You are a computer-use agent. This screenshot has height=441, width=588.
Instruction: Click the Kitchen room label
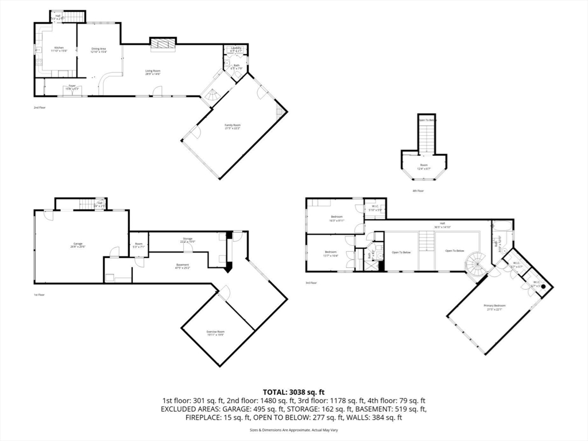[x=59, y=48]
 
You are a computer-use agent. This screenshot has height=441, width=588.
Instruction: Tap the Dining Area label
[x=99, y=49]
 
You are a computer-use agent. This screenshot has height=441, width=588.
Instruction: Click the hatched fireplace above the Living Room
[x=163, y=44]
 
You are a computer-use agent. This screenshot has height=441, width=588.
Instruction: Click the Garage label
[x=78, y=244]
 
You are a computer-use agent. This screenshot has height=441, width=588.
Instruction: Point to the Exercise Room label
[x=216, y=332]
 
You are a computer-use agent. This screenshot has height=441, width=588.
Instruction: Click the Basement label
[x=184, y=264]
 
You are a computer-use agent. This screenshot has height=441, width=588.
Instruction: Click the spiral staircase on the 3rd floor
[x=476, y=266]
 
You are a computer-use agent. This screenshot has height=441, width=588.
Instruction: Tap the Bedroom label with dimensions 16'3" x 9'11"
[x=336, y=219]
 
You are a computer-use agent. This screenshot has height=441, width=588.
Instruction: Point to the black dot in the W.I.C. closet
[x=543, y=285]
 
